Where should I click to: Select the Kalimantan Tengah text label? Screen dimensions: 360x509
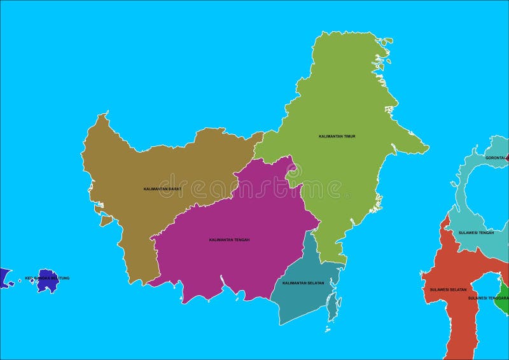[x=229, y=240]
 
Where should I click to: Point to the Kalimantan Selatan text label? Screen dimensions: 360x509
[x=303, y=283]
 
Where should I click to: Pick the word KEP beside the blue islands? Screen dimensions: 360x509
[x=29, y=278]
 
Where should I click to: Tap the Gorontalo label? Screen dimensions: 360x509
[x=496, y=158]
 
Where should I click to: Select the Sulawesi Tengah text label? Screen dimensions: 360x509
[x=476, y=233]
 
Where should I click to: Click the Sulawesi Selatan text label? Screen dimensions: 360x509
[x=448, y=289]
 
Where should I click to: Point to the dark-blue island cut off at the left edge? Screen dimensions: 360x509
[x=3, y=278]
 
